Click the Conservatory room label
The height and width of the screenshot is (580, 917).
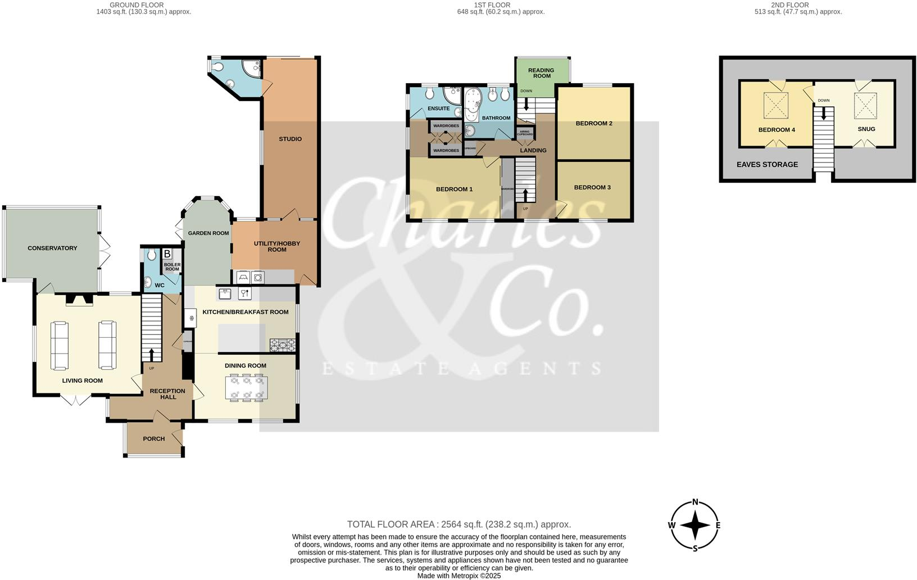click(x=52, y=248)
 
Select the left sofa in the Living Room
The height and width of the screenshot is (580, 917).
click(x=60, y=345)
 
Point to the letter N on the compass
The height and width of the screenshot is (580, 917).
click(x=695, y=502)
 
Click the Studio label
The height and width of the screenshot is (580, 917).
click(x=290, y=139)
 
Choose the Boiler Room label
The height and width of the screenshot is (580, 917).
click(x=172, y=266)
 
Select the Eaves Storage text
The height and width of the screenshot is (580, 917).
click(x=767, y=164)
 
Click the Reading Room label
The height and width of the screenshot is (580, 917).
click(x=541, y=73)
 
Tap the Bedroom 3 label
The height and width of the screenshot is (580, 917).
click(x=592, y=187)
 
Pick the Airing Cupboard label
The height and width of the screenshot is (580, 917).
click(x=525, y=133)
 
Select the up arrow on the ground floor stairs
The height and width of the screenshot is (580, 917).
click(x=151, y=354)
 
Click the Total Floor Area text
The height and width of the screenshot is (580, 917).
click(x=458, y=524)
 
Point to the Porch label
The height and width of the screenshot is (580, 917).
click(x=154, y=438)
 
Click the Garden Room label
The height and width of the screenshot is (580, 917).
click(x=208, y=233)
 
